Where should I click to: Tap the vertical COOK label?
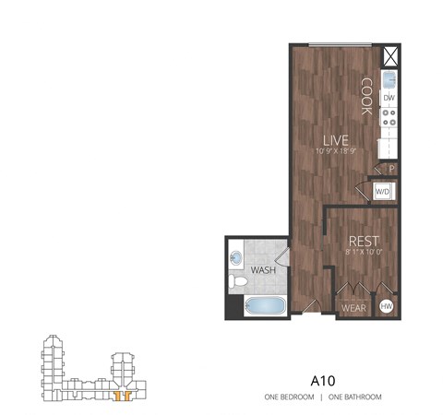tap(366, 95)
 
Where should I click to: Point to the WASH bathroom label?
tap(263, 271)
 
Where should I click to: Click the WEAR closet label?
tap(353, 306)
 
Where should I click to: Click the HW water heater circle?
tap(387, 306)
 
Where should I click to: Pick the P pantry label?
tap(391, 169)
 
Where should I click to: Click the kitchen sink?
tap(389, 77)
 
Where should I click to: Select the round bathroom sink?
tap(237, 257)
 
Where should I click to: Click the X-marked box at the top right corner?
tap(389, 54)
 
